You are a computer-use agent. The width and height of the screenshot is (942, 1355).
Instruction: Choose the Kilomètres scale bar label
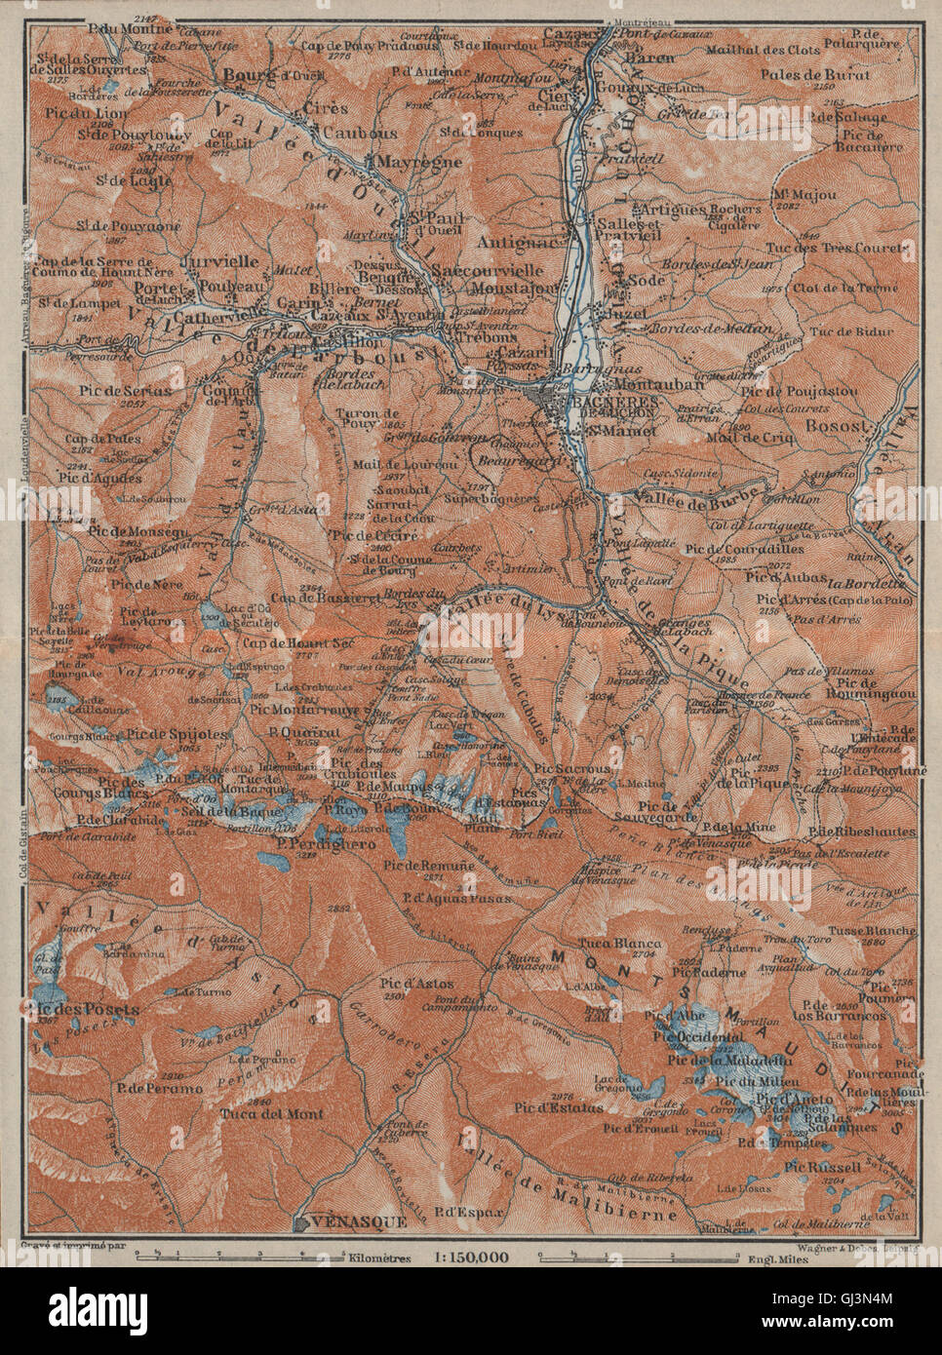tap(368, 1258)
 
